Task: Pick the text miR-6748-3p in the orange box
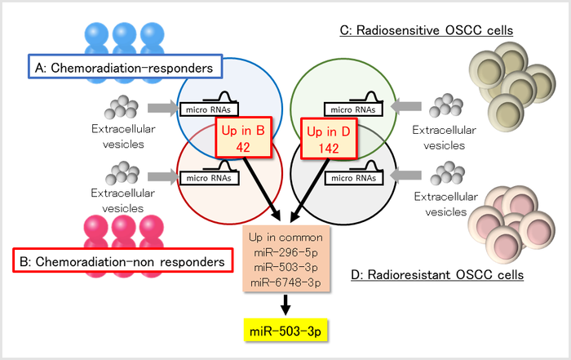[x=285, y=281]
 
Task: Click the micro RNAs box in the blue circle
[x=201, y=109]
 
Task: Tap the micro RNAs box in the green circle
[x=351, y=108]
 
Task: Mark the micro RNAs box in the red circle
[x=201, y=177]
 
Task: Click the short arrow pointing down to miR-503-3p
[x=285, y=306]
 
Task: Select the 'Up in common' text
[x=285, y=237]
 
